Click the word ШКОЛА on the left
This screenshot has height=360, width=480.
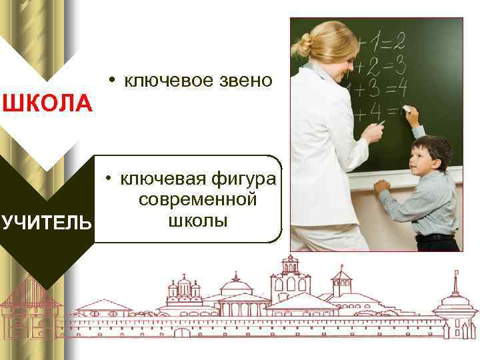(x=47, y=104)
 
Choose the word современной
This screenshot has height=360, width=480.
(x=197, y=200)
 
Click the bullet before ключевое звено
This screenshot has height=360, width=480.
(x=114, y=80)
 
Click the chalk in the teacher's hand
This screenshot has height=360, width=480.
(x=381, y=123)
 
